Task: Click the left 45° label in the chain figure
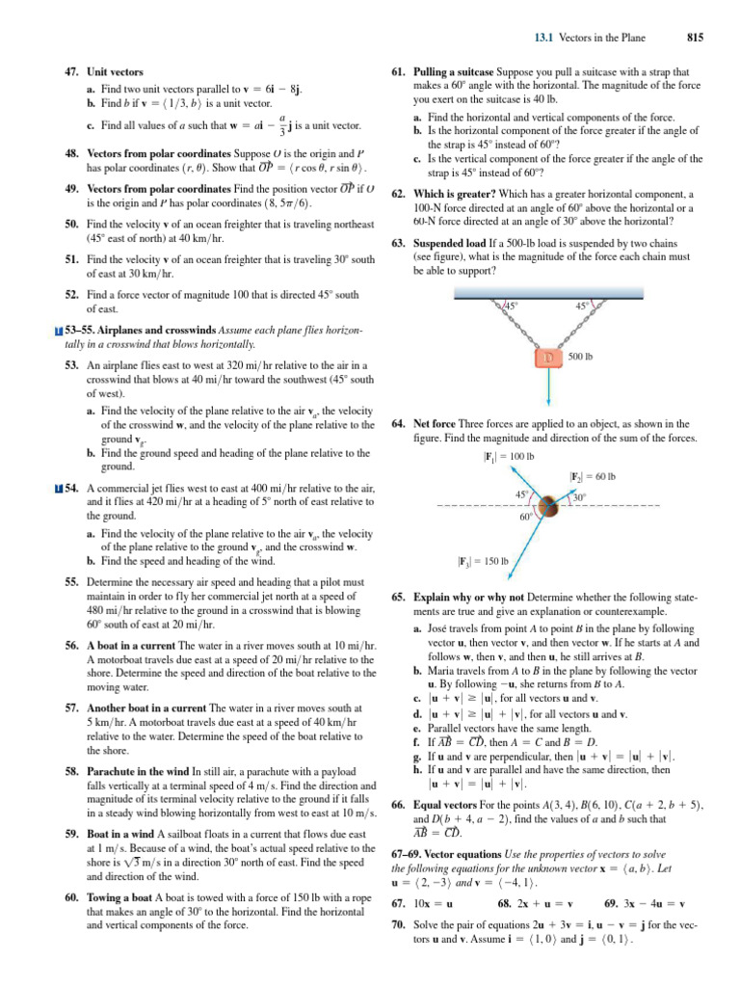[513, 307]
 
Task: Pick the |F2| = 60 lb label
[593, 476]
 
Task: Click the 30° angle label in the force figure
[580, 497]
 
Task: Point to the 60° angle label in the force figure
[527, 518]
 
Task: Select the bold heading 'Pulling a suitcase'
[449, 72]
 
